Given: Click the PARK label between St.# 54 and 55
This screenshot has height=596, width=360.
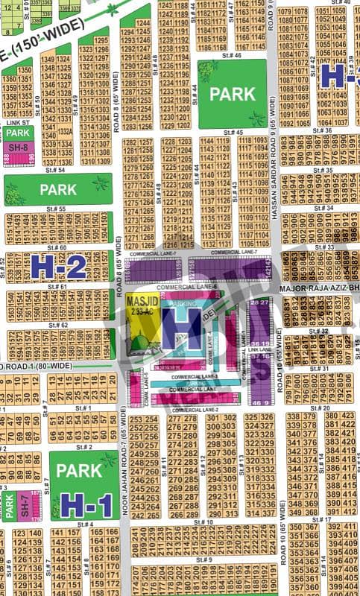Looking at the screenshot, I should click(x=58, y=189).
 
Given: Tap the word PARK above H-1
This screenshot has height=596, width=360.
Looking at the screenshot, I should click(x=79, y=471).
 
